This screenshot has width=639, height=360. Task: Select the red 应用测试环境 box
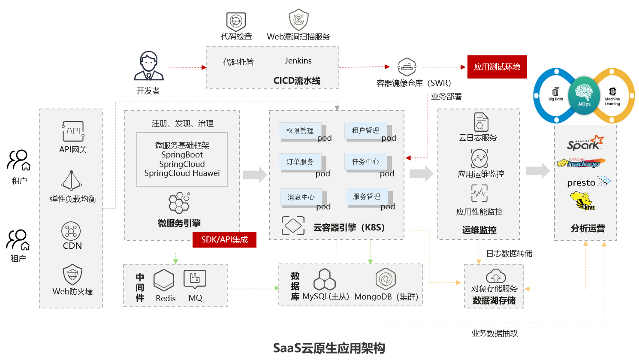tap(497, 67)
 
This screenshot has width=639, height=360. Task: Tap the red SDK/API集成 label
tap(224, 239)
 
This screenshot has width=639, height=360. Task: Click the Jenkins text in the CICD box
tap(298, 61)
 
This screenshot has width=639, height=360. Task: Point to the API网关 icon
tap(73, 131)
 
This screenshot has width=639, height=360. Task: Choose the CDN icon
tap(71, 231)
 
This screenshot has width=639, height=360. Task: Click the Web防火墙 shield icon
tap(72, 274)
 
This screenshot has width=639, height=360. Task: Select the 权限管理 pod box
tap(300, 130)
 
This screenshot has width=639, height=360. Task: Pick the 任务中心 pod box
tap(365, 161)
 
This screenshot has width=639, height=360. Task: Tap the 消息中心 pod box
tap(301, 197)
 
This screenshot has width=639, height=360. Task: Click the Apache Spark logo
tap(585, 143)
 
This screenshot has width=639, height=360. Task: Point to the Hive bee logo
tap(582, 201)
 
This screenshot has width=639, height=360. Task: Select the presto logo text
tap(581, 183)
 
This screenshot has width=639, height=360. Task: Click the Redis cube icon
tap(164, 280)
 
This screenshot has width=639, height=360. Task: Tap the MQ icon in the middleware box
tap(195, 279)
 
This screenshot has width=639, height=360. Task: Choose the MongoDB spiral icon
tap(386, 279)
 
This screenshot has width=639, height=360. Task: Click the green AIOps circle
tap(584, 95)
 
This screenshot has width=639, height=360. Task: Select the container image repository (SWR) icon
tap(407, 67)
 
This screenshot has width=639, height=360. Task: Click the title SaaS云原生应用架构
tap(329, 348)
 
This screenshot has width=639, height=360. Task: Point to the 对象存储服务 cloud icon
tap(495, 276)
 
